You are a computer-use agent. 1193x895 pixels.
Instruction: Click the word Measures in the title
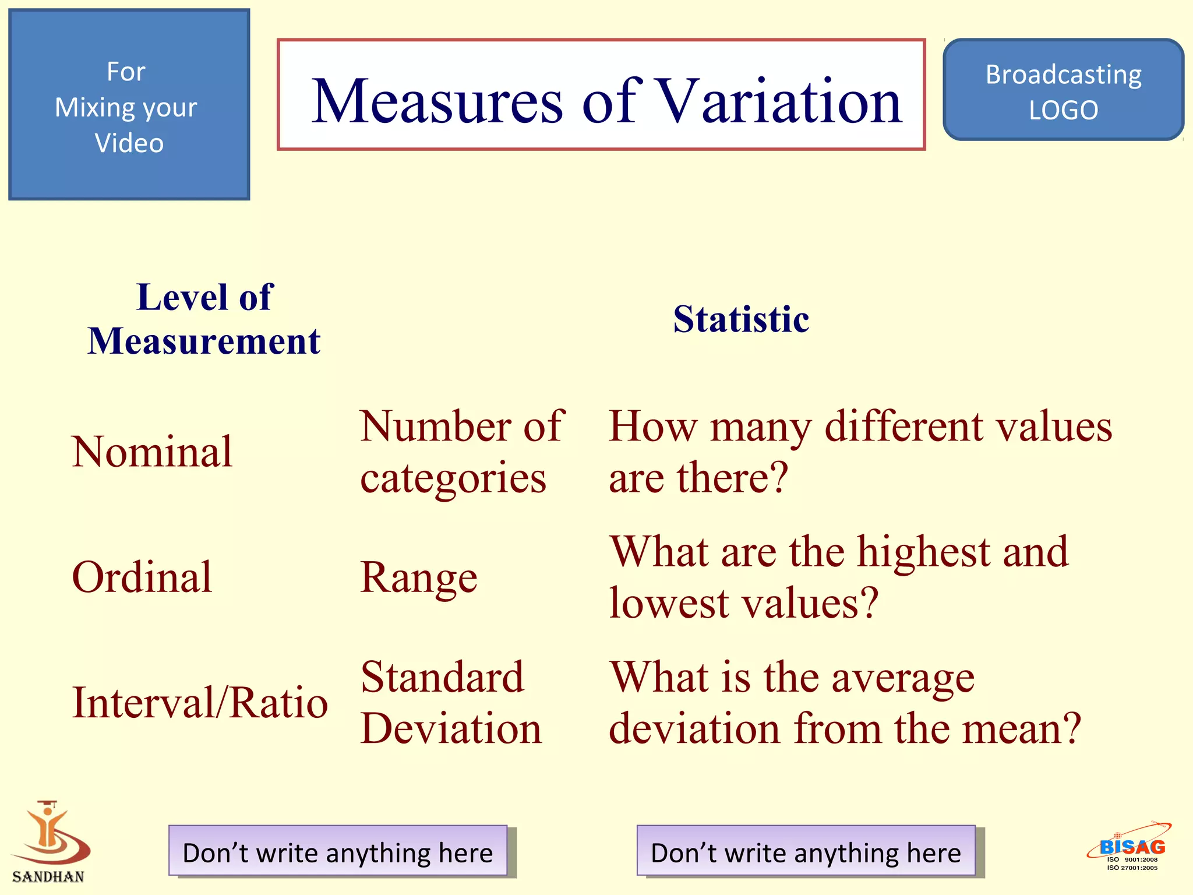[437, 101]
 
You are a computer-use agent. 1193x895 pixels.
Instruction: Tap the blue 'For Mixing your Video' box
[129, 105]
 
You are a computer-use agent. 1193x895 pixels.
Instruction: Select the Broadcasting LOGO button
[1063, 90]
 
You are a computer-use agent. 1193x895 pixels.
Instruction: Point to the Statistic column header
[741, 319]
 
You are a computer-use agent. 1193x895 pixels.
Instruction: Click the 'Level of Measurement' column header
[204, 319]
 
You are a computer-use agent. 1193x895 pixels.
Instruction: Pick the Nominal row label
[152, 452]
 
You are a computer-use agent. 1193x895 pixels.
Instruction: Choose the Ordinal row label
[142, 577]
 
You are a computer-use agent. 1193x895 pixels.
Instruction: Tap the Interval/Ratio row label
[200, 703]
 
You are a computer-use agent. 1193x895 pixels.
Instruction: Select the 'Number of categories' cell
[461, 452]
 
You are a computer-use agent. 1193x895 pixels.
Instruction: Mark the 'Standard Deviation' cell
[451, 703]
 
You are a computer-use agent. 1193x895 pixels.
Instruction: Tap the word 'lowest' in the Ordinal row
[669, 603]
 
